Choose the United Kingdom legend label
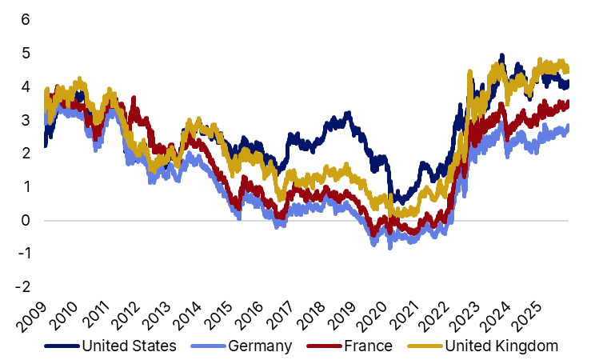pyautogui.click(x=501, y=346)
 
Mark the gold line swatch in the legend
pyautogui.click(x=424, y=346)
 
